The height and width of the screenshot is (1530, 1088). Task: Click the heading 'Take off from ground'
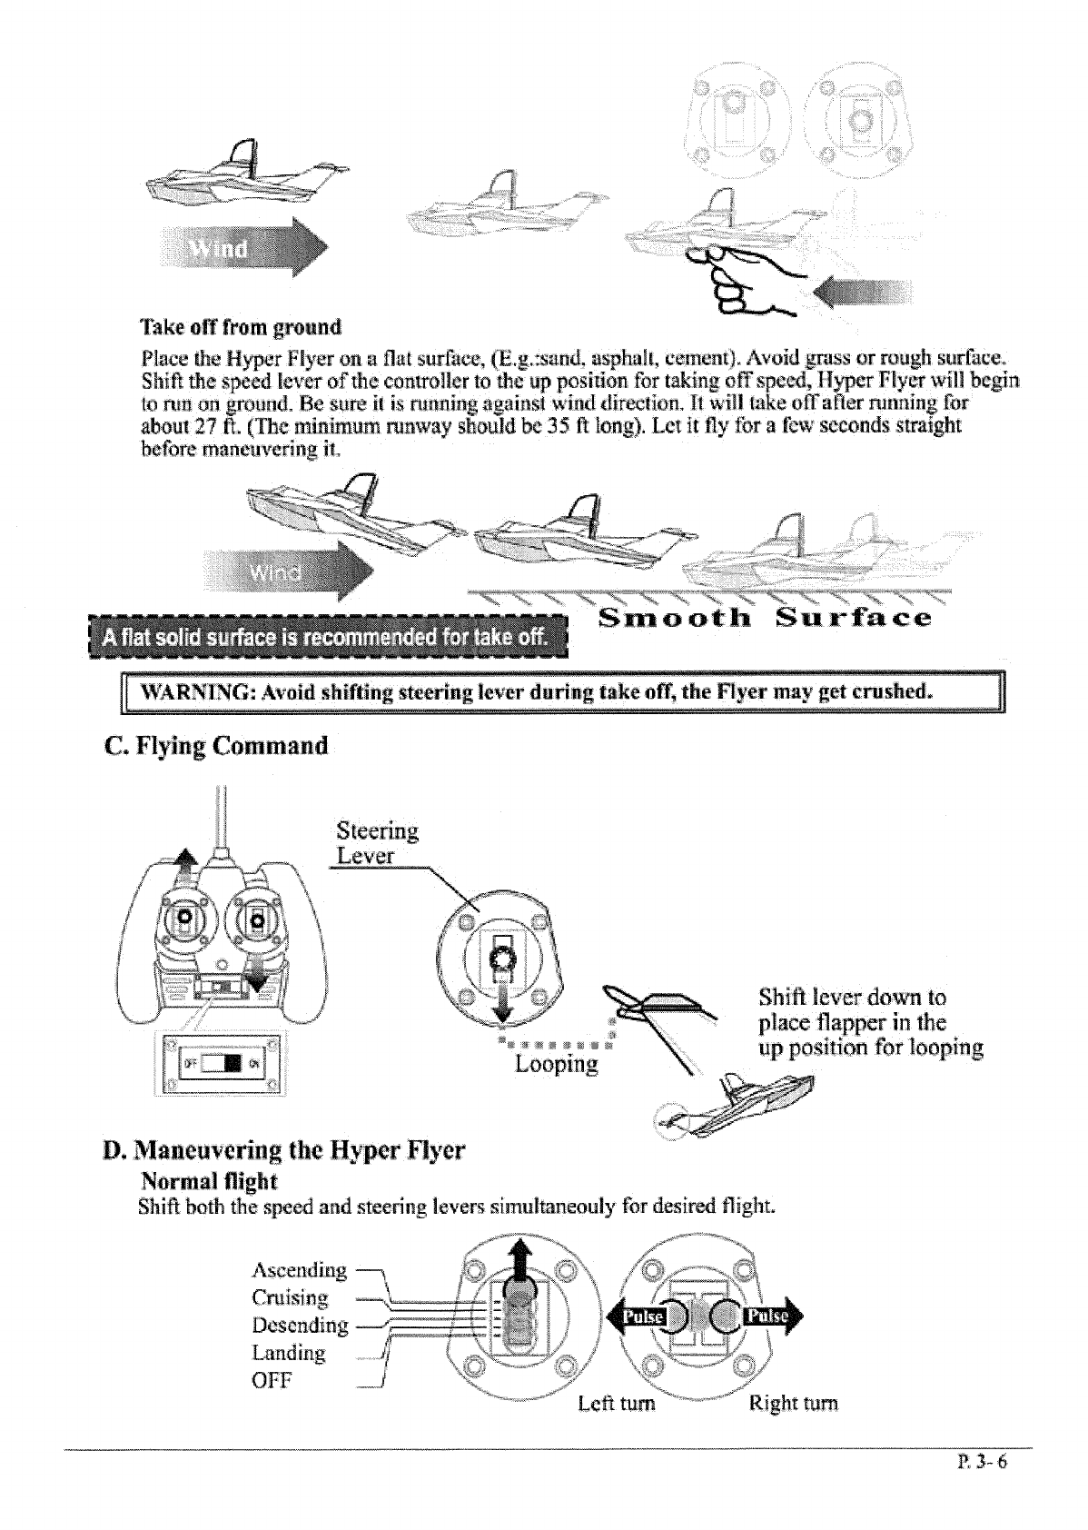click(241, 327)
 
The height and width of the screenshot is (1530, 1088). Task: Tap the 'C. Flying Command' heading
click(215, 747)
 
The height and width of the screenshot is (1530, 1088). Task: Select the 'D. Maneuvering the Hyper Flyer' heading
click(283, 1151)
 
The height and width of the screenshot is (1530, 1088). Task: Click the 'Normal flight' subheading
click(209, 1181)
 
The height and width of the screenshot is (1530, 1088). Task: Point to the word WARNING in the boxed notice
click(193, 692)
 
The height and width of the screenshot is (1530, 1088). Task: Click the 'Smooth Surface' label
click(766, 620)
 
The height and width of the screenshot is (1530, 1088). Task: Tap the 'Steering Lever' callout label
click(376, 843)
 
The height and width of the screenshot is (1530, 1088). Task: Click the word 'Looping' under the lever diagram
click(556, 1064)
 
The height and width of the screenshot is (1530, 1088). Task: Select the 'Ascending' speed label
click(299, 1270)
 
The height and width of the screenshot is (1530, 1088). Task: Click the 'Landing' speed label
click(288, 1353)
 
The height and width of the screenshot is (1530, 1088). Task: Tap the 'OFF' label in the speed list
click(272, 1380)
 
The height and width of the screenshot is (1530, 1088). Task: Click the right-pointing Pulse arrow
click(770, 1318)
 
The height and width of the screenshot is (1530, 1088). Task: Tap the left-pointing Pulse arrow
click(638, 1318)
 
